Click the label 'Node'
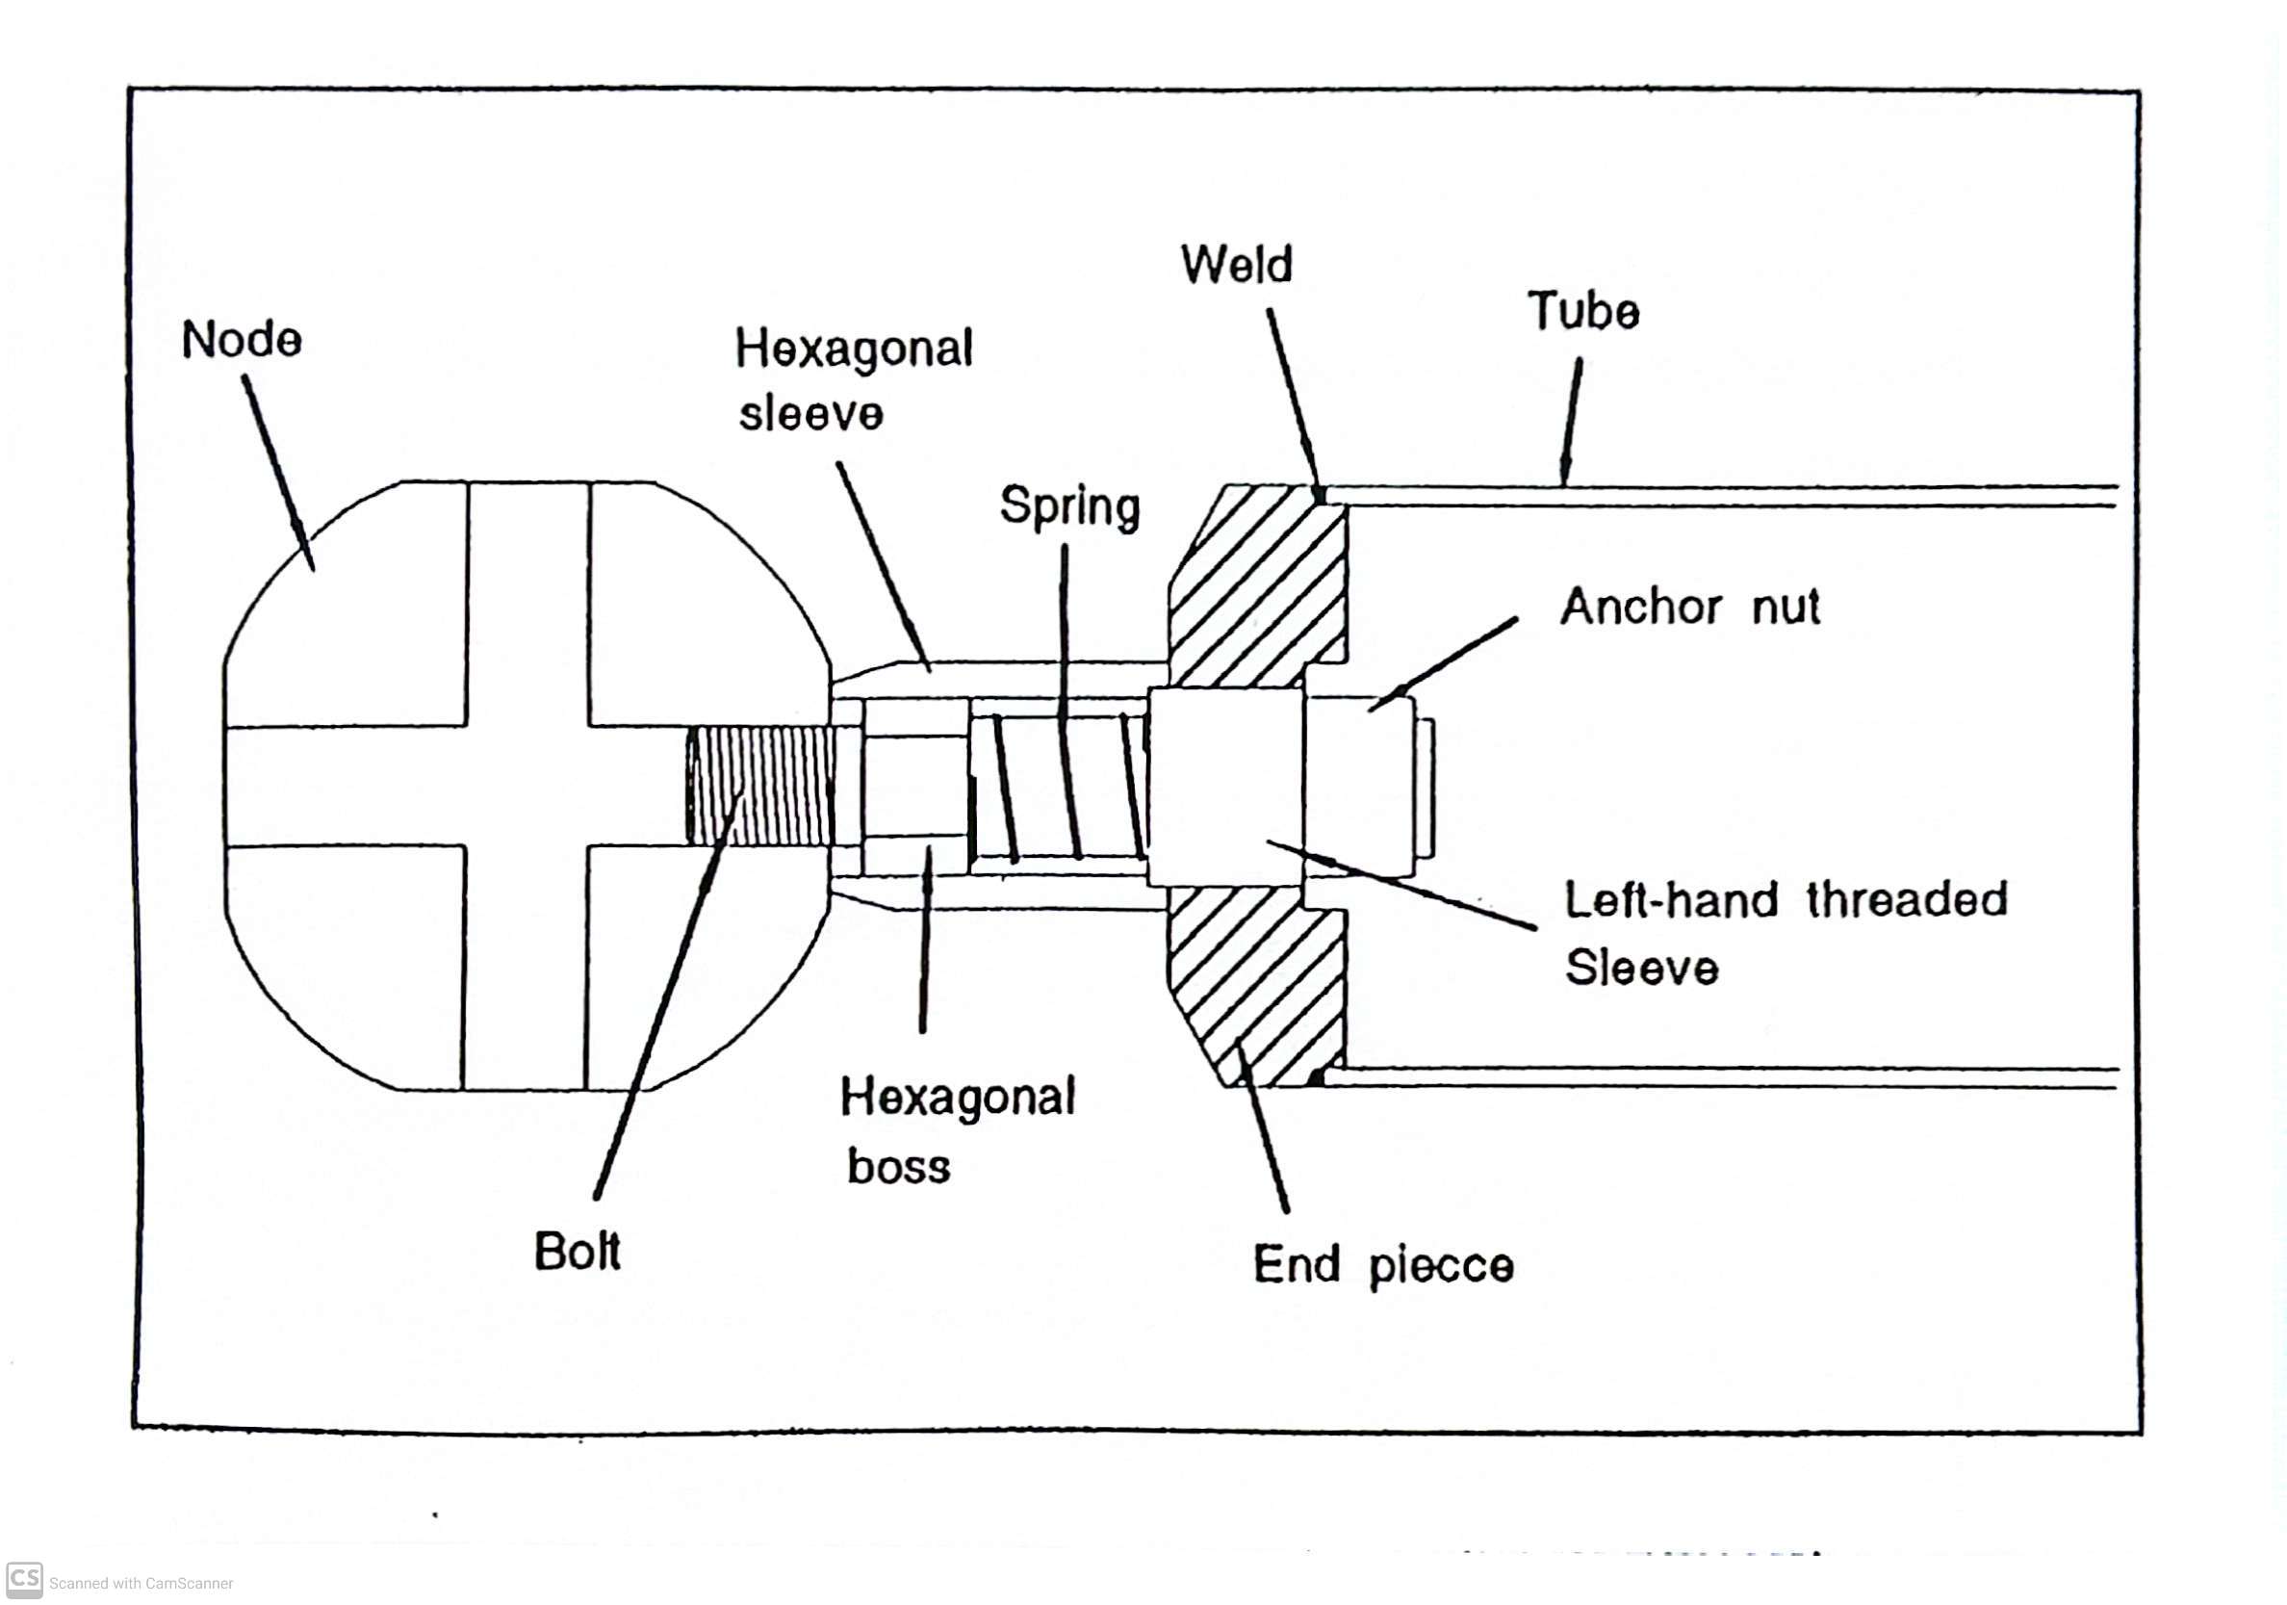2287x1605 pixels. click(241, 341)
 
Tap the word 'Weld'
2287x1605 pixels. click(1236, 265)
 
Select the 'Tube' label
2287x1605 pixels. click(1582, 311)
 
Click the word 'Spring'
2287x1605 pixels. click(1069, 506)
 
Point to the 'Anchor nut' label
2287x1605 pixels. click(1689, 607)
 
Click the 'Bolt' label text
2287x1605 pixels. click(577, 1252)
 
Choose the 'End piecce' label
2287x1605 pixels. click(1382, 1265)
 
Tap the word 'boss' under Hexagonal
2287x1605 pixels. click(898, 1167)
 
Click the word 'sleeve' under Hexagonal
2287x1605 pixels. click(810, 413)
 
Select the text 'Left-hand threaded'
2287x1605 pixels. click(1785, 899)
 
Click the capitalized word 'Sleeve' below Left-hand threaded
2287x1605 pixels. click(1641, 968)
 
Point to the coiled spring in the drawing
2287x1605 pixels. click(1066, 787)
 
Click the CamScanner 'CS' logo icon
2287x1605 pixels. click(24, 1580)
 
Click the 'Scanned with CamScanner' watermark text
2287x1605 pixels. click(141, 1583)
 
